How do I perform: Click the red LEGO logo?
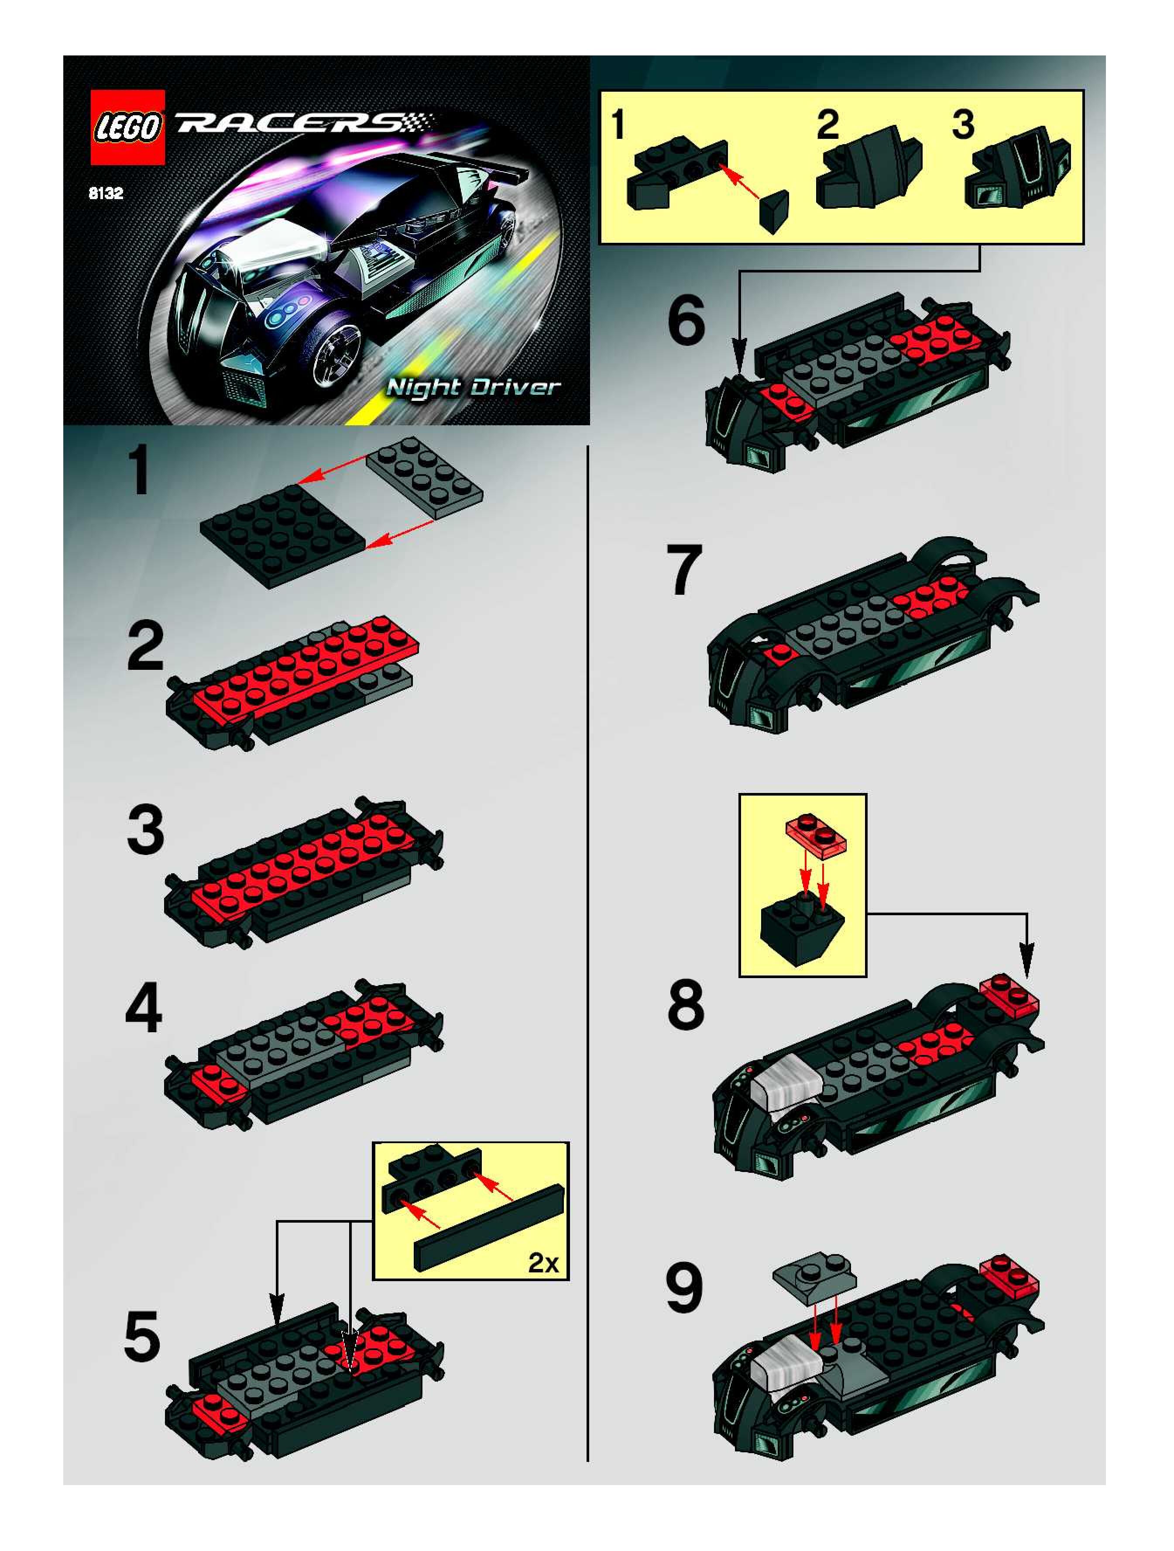(x=127, y=128)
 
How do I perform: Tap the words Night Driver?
(x=474, y=388)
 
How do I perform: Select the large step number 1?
(x=140, y=472)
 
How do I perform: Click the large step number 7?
(x=684, y=570)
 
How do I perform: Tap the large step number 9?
(x=684, y=1289)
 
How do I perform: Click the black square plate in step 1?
(x=282, y=534)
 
